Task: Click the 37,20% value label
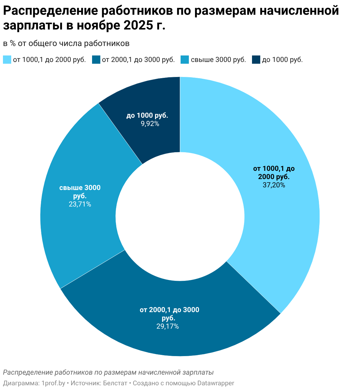tap(274, 185)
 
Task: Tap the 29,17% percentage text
tap(168, 326)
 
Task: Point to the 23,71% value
tap(80, 204)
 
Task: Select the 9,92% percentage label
tap(150, 124)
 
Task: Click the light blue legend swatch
tap(7, 60)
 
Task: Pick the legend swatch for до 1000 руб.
tap(256, 60)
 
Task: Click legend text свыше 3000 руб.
tap(218, 60)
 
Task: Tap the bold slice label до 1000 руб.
tap(147, 116)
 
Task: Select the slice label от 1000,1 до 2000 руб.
tap(274, 173)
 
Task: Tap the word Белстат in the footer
tap(115, 383)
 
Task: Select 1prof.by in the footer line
tap(53, 383)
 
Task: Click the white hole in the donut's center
tap(180, 216)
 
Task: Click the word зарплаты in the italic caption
tap(198, 372)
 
